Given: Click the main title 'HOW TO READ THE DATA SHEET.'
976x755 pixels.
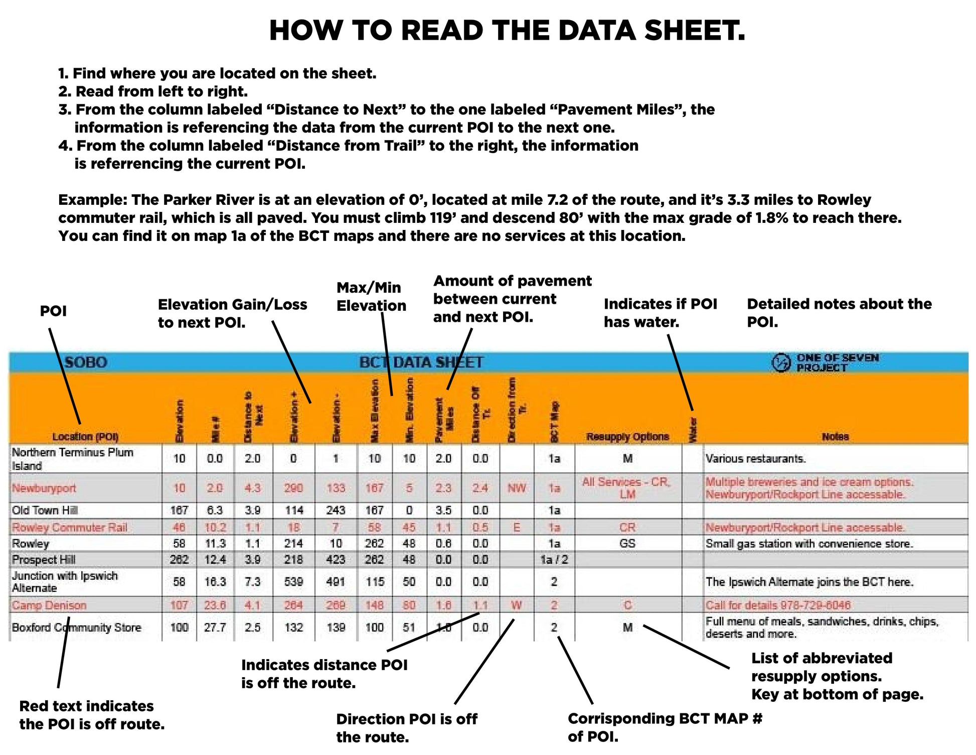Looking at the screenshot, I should (507, 31).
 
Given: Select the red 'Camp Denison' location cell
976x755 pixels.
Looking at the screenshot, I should (49, 605).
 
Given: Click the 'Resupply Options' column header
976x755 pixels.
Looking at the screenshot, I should (627, 437).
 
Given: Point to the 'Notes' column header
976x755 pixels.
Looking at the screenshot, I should (835, 437).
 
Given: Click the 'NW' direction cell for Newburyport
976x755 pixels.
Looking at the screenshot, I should (517, 488).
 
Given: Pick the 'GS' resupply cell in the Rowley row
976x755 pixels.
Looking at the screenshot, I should (627, 544).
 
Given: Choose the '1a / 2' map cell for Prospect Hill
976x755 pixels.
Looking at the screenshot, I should (554, 560).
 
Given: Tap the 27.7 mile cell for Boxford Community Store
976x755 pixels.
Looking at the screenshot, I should (215, 627).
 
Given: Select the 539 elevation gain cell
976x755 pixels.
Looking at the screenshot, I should (293, 582).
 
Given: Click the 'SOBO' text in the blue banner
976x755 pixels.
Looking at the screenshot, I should (86, 362).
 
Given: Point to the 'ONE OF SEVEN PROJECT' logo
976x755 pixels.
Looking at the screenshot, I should (825, 362).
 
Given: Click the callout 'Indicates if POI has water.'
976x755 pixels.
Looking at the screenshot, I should (660, 313).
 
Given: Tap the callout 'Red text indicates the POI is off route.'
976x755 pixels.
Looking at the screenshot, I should (92, 715).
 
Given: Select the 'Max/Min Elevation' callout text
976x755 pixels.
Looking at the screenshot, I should (371, 297).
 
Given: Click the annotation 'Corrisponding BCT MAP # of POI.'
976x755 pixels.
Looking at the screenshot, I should (665, 728).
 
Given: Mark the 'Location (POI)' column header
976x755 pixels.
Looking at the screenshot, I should (85, 437).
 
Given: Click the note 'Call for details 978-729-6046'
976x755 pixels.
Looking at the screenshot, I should (778, 605).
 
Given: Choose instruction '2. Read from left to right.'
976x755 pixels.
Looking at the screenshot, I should (153, 91).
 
